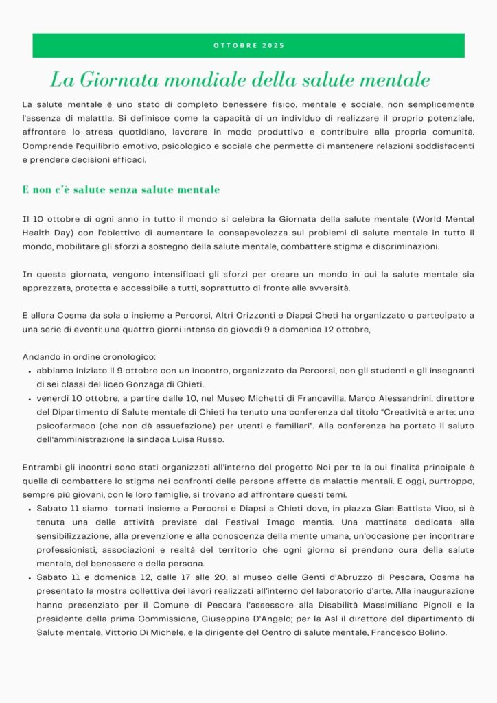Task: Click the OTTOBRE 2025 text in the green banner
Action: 248,46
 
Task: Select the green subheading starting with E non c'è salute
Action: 121,189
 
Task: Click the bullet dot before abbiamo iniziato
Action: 29,371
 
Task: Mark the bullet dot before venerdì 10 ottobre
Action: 29,399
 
